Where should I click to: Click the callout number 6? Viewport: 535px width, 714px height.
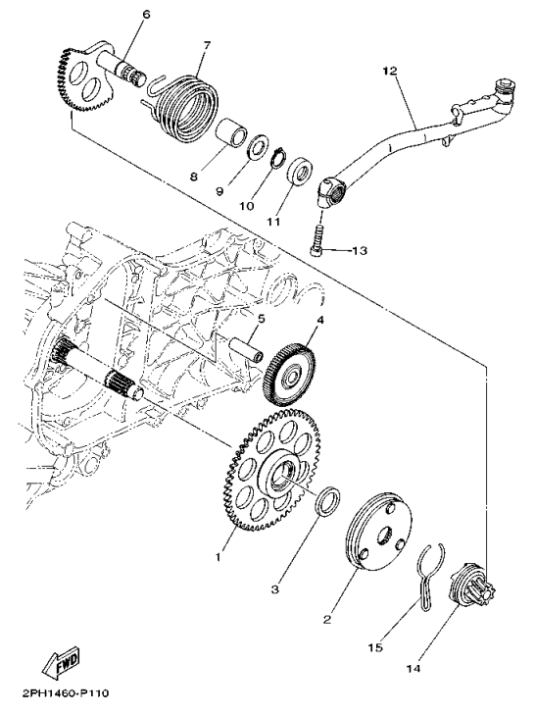(146, 15)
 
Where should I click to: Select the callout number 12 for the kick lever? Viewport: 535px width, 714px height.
(389, 72)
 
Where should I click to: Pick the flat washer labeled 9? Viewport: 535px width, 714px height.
(259, 147)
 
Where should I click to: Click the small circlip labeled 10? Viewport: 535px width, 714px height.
(279, 159)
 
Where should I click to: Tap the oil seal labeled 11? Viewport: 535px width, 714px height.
(301, 171)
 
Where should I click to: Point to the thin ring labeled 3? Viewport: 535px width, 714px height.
(328, 502)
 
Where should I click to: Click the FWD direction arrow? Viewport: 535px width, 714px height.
(61, 661)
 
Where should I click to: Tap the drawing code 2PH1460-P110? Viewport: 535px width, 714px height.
(65, 693)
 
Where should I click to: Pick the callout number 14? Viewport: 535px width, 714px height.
(413, 669)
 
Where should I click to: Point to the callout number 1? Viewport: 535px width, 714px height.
(219, 556)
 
